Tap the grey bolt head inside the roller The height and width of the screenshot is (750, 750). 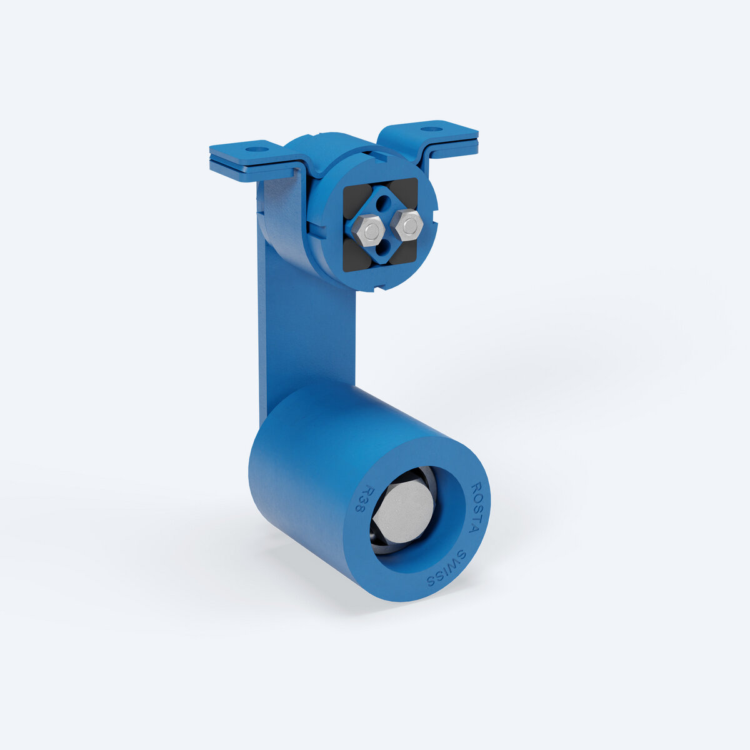pyautogui.click(x=403, y=514)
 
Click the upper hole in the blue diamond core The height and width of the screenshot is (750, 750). pyautogui.click(x=384, y=202)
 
